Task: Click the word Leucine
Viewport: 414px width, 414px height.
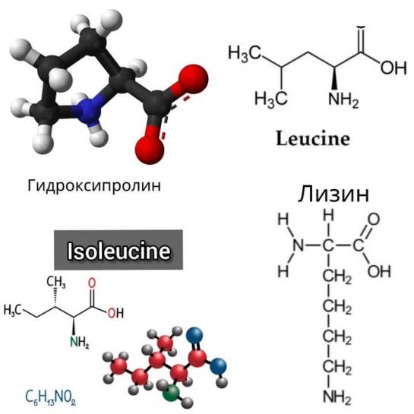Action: [x=313, y=138]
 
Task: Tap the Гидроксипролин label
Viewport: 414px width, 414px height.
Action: [x=94, y=186]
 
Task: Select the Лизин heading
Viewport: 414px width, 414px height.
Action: [x=333, y=194]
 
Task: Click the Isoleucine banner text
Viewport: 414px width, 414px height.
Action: [x=119, y=251]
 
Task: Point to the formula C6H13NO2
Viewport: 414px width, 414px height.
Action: [x=50, y=397]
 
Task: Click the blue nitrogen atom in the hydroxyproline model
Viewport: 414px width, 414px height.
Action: [x=87, y=109]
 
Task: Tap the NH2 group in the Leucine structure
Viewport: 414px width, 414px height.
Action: [x=343, y=100]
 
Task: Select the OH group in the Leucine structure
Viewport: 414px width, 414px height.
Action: [x=393, y=68]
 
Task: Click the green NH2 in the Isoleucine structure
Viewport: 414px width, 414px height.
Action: [x=79, y=343]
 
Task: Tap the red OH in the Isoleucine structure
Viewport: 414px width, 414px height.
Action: [x=115, y=314]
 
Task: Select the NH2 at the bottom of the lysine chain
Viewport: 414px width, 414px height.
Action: [x=337, y=397]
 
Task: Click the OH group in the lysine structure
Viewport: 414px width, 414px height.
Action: [x=379, y=271]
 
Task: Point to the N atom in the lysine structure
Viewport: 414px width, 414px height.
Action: [x=299, y=245]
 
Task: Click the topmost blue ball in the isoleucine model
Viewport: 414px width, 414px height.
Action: [x=194, y=336]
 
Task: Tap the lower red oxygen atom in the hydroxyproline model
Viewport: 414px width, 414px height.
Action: [x=150, y=150]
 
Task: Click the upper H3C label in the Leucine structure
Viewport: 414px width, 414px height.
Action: [x=245, y=54]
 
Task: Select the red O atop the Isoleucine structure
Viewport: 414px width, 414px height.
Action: [x=92, y=283]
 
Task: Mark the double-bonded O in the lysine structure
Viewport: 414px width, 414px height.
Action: [x=374, y=220]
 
